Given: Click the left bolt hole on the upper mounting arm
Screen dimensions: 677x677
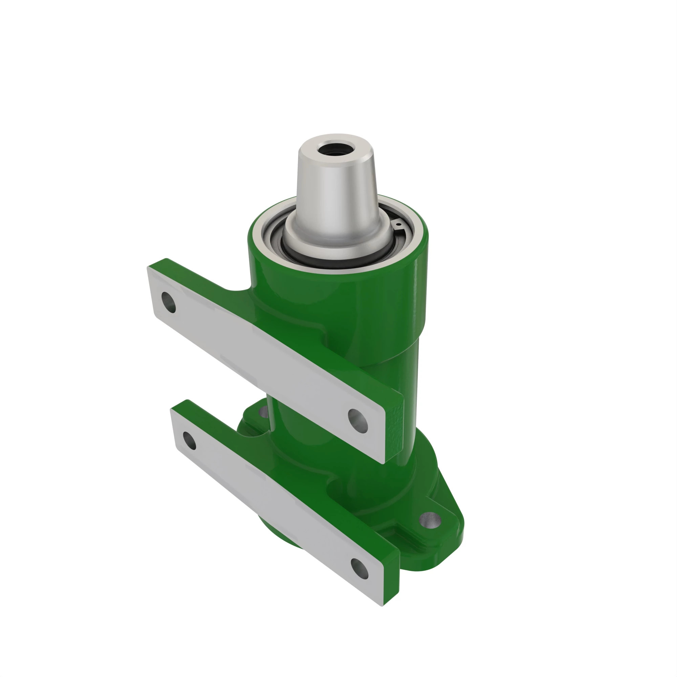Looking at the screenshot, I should (169, 302).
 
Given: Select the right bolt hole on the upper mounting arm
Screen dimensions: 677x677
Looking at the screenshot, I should (358, 421).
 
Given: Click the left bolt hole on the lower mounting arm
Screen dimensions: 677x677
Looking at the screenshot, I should (190, 441).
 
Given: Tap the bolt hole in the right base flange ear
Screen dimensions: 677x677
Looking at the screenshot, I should (430, 520).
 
